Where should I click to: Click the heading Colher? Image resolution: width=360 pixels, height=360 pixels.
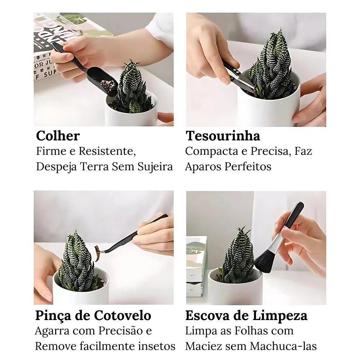(x=58, y=136)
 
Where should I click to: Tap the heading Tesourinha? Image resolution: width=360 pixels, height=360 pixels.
(x=223, y=136)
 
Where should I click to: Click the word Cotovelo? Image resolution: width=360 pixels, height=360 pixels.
(x=122, y=316)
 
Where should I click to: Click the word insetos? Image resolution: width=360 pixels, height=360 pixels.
(x=157, y=346)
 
